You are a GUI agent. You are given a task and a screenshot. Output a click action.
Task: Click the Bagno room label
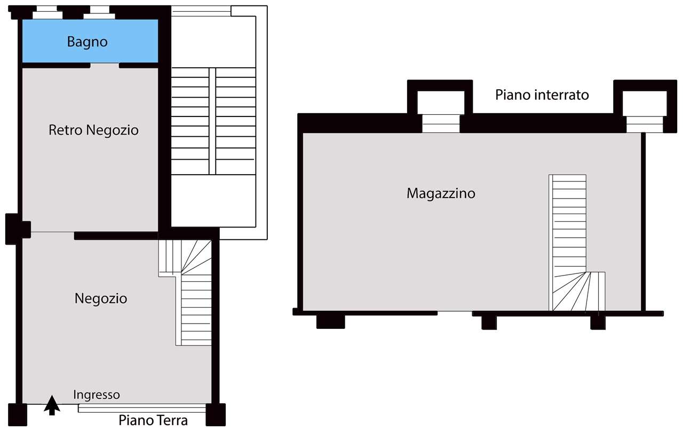pos(88,42)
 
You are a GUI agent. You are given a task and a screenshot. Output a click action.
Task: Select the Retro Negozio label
pos(93,130)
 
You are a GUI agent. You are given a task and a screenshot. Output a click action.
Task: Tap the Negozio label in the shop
pos(101,298)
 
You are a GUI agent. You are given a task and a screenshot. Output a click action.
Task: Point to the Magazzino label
pos(441,193)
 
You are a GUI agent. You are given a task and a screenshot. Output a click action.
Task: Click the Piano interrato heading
pos(542,95)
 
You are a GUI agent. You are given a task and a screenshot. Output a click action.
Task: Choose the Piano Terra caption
pos(153,421)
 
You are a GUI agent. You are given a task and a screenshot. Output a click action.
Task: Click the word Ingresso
pos(97,395)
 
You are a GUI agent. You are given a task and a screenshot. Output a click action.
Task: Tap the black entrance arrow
pos(52,405)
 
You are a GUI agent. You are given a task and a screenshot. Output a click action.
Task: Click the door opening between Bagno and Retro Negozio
pos(104,65)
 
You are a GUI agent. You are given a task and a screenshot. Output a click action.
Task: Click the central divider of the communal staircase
pos(212,121)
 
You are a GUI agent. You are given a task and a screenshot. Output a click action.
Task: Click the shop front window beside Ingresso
pos(142,409)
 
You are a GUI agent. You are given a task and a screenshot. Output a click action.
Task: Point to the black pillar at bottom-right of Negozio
pos(216,414)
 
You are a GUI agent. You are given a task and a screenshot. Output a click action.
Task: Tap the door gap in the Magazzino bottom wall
pos(455,313)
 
